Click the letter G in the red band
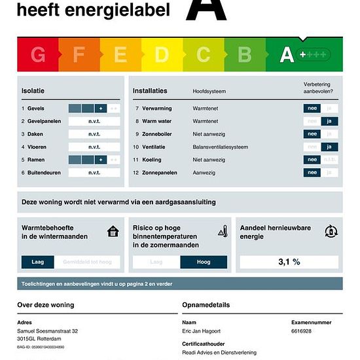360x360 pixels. (x=38, y=55)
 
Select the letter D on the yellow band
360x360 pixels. (x=162, y=55)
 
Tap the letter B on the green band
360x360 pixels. (x=245, y=55)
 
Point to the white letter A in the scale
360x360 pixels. (x=287, y=55)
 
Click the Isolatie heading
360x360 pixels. (x=33, y=90)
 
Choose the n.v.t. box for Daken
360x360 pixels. (x=94, y=134)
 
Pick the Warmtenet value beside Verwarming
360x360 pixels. (x=205, y=109)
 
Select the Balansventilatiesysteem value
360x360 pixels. (x=221, y=147)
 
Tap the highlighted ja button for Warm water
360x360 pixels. (x=330, y=121)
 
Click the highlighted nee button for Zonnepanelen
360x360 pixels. (x=312, y=173)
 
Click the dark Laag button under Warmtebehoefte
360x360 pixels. (x=38, y=262)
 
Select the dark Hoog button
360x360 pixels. (x=204, y=262)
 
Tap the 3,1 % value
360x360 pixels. (x=289, y=262)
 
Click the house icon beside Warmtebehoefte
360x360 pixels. (x=114, y=231)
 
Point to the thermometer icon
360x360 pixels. (x=223, y=231)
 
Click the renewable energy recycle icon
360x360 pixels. (x=331, y=231)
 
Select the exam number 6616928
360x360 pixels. (x=301, y=332)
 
